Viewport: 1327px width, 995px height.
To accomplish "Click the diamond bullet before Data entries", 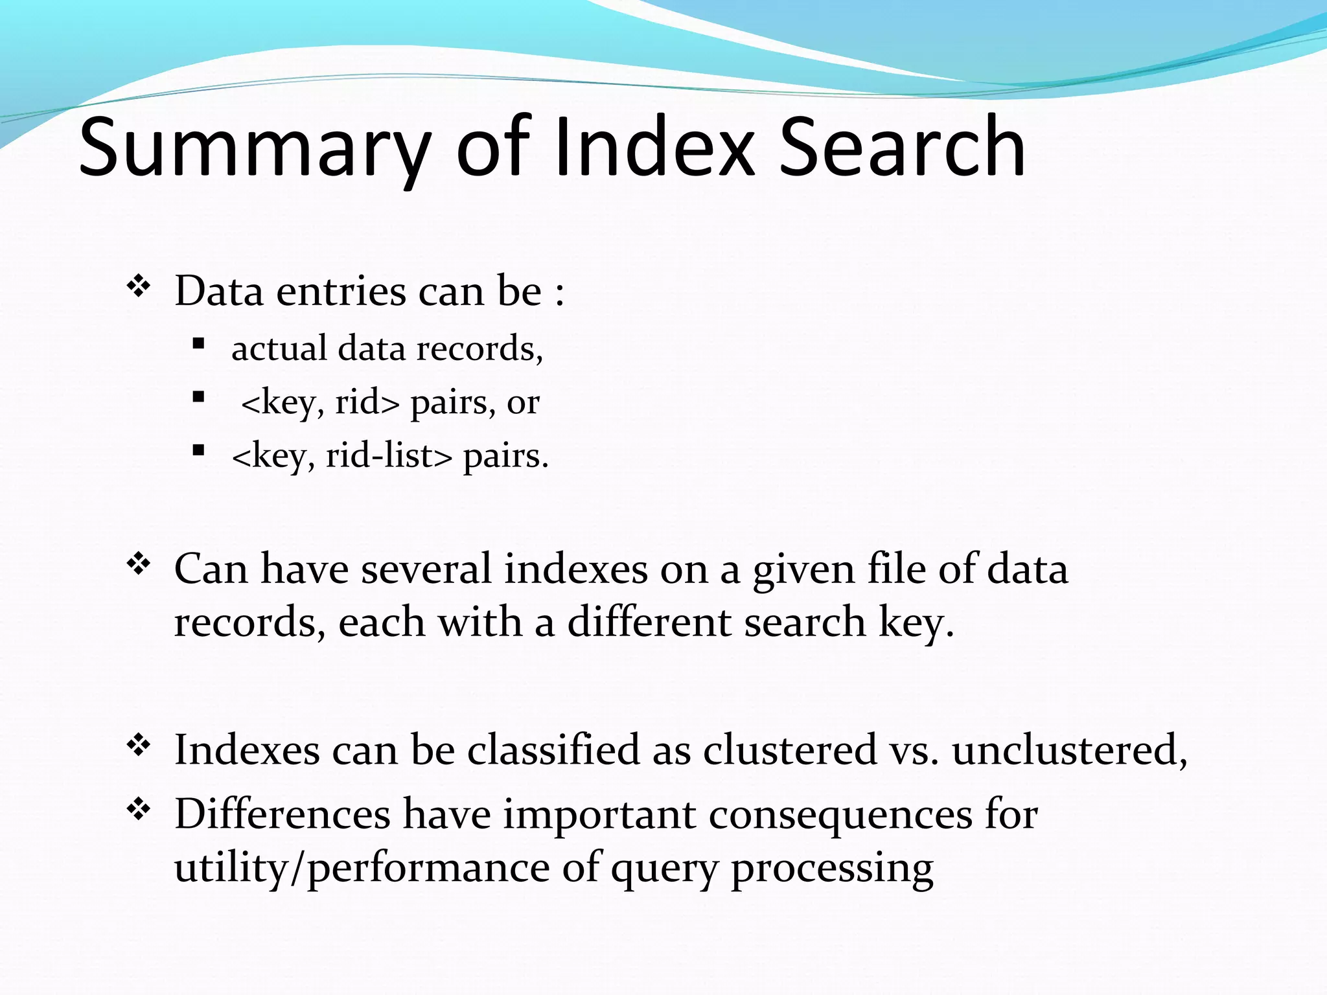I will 138,286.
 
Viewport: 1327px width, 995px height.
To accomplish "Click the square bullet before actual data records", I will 199,343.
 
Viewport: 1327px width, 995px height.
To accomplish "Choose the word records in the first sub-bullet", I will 479,349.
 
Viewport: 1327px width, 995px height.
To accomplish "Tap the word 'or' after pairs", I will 523,403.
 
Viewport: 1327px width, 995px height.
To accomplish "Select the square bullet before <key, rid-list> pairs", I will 199,450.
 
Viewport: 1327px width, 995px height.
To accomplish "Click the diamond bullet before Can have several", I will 138,564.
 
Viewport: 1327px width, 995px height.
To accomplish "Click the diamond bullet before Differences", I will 138,809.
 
